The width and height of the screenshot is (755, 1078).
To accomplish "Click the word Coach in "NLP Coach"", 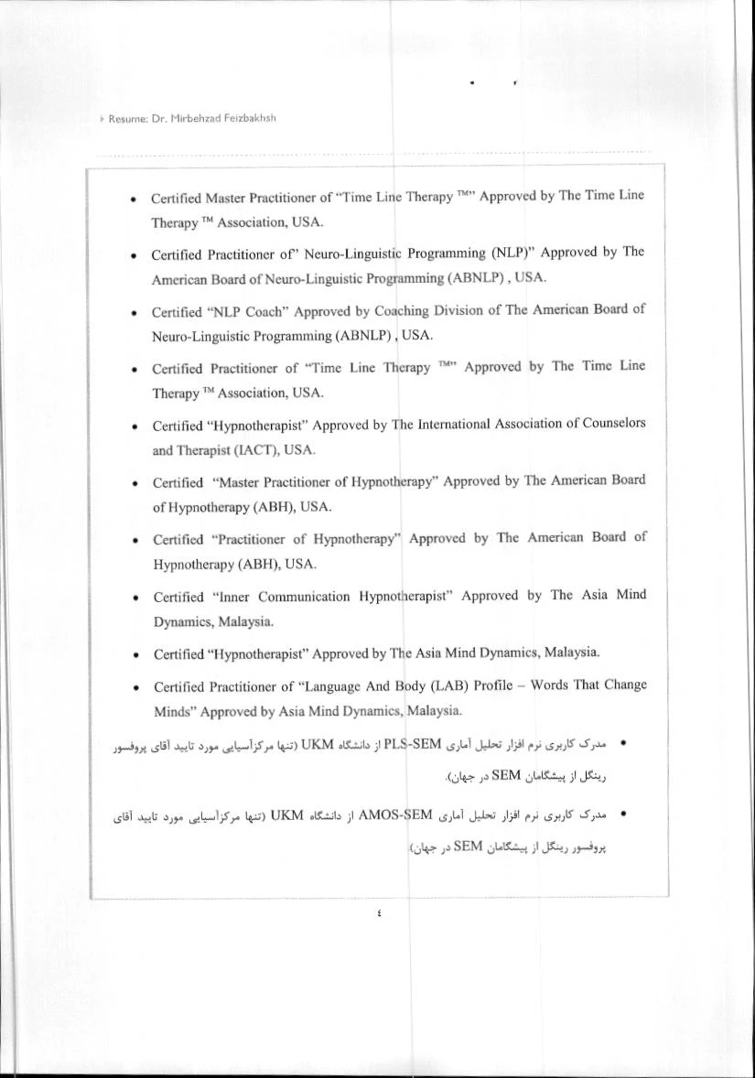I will pos(225,310).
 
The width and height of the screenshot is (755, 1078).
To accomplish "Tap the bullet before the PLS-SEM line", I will pos(623,742).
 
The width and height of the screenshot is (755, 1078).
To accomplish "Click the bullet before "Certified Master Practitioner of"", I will pos(135,199).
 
